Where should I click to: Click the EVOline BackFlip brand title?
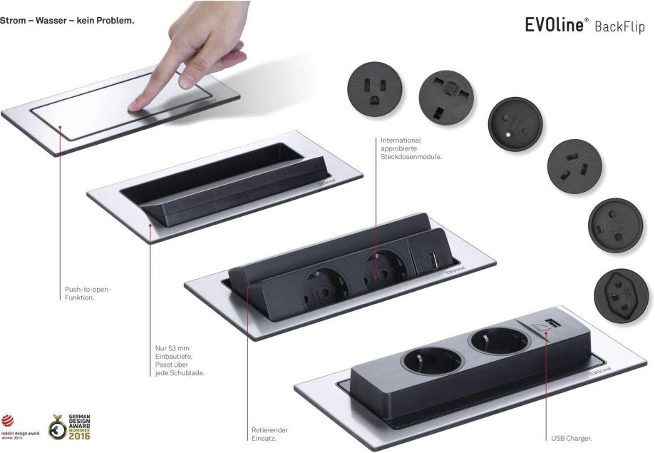coord(585,25)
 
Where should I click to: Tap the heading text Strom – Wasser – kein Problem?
coord(67,21)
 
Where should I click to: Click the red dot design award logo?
coord(20,427)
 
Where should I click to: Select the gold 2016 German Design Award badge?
coord(69,427)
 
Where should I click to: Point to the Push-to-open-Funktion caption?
coord(88,293)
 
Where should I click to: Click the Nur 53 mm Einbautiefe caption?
coord(180,360)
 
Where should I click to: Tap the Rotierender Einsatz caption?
coord(269,434)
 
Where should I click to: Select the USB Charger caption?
coord(571,438)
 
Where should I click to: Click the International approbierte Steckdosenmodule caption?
coord(411,148)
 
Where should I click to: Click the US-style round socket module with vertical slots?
coord(375,89)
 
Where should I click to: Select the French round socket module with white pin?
coord(515,126)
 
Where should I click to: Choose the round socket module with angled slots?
coord(574,166)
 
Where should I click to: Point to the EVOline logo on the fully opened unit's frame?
coord(600,371)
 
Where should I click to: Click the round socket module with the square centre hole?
coord(446,98)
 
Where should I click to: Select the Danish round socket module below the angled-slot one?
coord(615,225)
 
